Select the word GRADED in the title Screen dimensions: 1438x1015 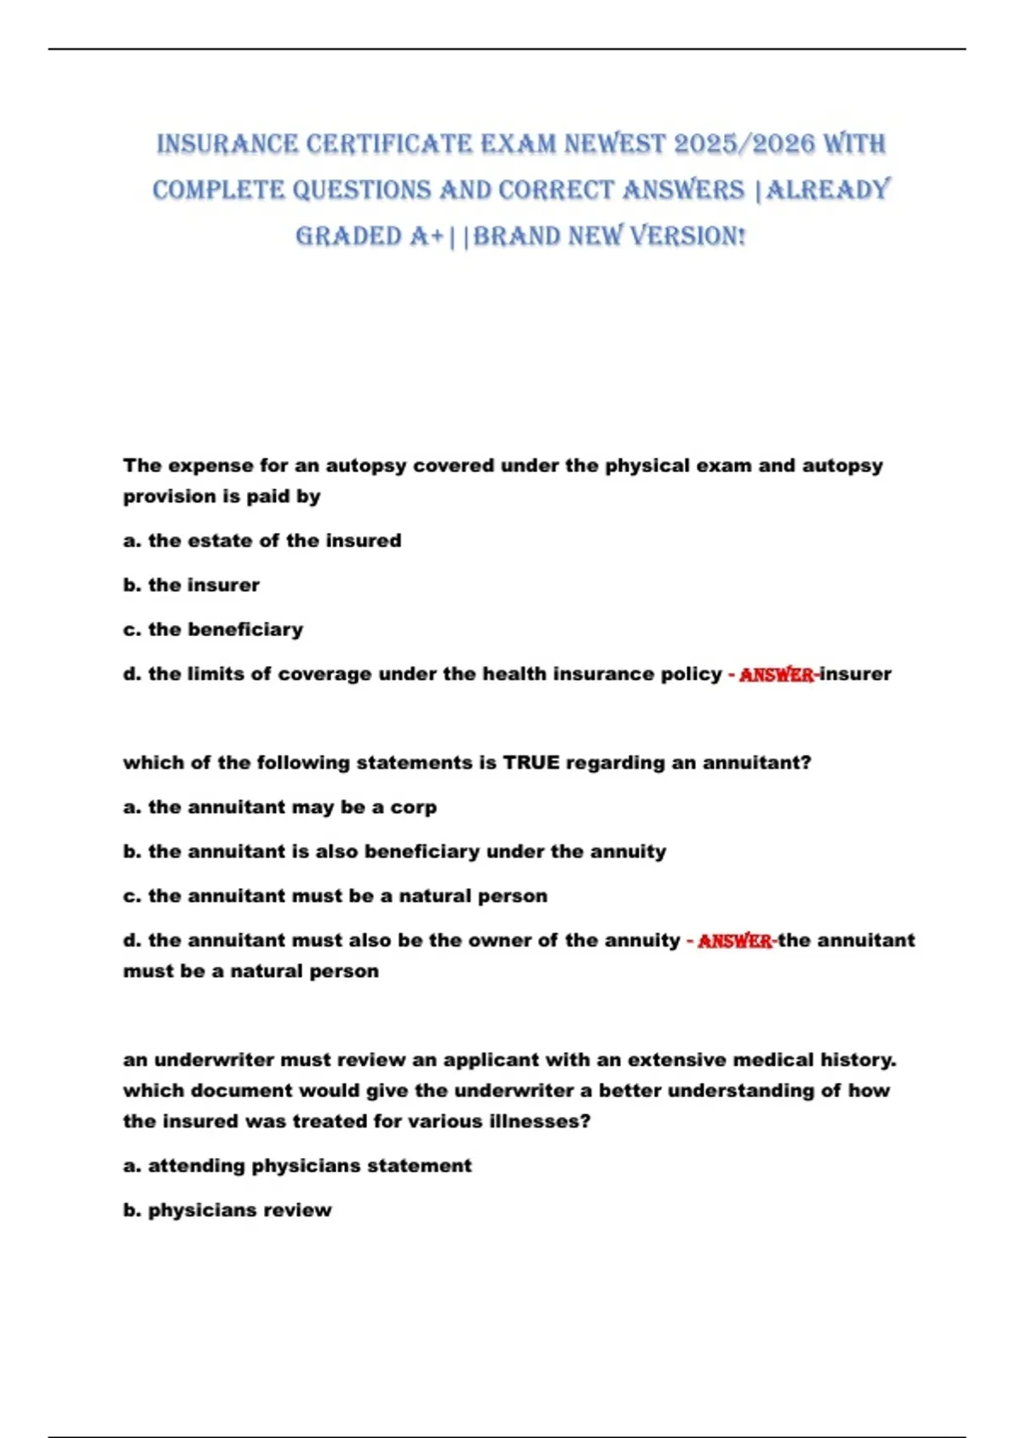(348, 236)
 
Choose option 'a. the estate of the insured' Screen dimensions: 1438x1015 (262, 541)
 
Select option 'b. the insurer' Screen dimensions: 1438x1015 (191, 585)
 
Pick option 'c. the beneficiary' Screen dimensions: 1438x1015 (213, 629)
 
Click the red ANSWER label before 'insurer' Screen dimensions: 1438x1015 (776, 674)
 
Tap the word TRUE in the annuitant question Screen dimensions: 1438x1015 (532, 763)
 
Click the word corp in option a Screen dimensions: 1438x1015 (414, 807)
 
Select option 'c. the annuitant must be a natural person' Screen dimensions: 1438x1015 (335, 896)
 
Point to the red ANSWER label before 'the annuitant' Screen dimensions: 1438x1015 (734, 941)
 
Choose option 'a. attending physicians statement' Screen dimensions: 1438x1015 (297, 1166)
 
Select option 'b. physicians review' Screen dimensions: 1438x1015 (227, 1210)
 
